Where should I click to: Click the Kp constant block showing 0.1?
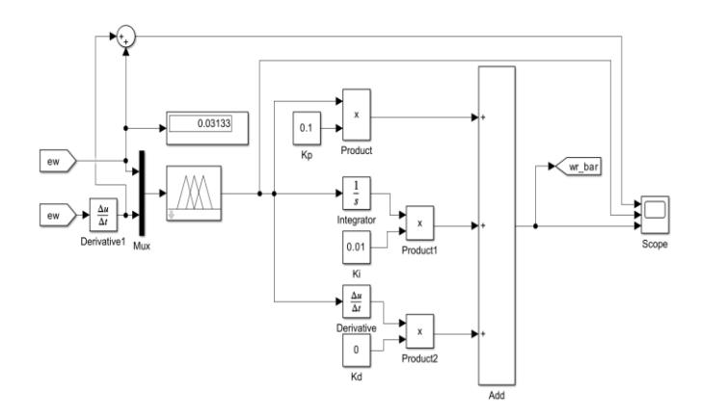(x=307, y=128)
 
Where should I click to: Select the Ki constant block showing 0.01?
(x=357, y=247)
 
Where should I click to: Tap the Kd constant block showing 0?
(x=357, y=351)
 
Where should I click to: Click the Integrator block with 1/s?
(x=357, y=194)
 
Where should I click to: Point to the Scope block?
(x=655, y=215)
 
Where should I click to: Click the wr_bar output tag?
(x=579, y=167)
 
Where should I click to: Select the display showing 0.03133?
(x=207, y=128)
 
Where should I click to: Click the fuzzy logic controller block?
(x=194, y=194)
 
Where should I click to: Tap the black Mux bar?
(x=142, y=193)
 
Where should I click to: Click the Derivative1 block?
(x=103, y=215)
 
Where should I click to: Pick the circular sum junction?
(x=125, y=37)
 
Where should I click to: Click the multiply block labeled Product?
(x=357, y=115)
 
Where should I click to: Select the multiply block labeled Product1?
(x=419, y=223)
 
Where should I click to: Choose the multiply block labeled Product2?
(x=419, y=331)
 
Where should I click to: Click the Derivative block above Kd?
(x=357, y=301)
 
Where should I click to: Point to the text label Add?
(x=497, y=396)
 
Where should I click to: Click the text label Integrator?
(x=357, y=221)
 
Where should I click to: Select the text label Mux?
(x=142, y=246)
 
